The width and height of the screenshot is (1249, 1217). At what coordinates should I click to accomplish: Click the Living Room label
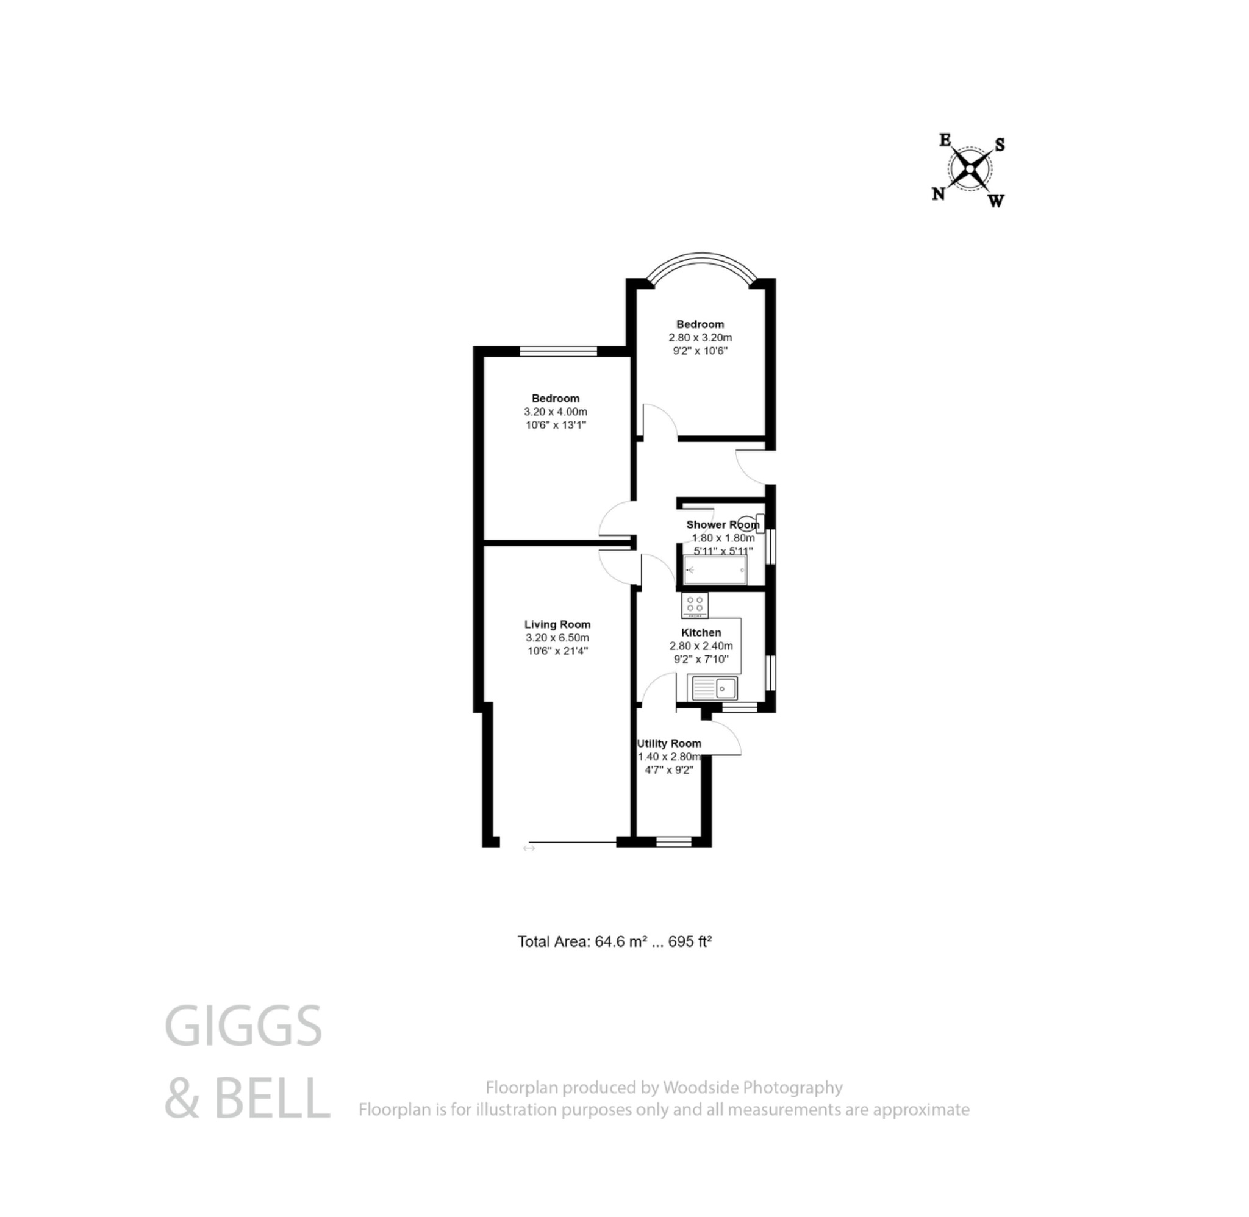(557, 624)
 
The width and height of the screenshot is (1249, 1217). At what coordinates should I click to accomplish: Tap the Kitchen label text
(701, 633)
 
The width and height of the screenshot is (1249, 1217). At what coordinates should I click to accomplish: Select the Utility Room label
(668, 743)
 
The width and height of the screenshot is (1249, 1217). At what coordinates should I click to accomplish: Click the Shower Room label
(722, 525)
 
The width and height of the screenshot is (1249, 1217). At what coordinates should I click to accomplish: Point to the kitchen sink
(715, 688)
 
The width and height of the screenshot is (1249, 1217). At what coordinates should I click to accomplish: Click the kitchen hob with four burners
(694, 605)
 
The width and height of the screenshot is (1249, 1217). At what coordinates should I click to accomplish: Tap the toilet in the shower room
(748, 521)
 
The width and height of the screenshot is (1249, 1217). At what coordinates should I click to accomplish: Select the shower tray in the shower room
(715, 569)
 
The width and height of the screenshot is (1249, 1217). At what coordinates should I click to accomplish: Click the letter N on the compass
(938, 194)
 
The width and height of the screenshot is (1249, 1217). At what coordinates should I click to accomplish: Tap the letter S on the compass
(1000, 145)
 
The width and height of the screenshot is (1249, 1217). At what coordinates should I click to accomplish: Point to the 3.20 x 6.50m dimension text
(557, 638)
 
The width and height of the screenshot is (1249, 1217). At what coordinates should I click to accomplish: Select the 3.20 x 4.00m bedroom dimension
(556, 412)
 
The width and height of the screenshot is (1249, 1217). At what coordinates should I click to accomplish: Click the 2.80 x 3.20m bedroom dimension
(700, 338)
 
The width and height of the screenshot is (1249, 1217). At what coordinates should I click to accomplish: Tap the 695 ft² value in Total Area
(690, 941)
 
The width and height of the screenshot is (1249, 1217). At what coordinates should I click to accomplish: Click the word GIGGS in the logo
(243, 1026)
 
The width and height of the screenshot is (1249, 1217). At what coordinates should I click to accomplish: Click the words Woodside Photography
(753, 1087)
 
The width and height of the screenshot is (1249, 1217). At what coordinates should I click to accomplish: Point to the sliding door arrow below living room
(529, 848)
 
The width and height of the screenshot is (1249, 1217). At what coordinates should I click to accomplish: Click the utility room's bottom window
(674, 842)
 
